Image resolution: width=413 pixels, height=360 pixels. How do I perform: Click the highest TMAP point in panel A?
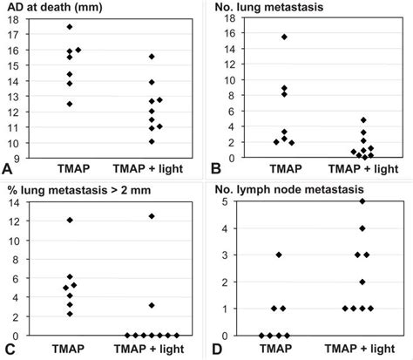[70, 27]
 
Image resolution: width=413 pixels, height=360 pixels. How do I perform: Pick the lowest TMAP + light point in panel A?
[152, 141]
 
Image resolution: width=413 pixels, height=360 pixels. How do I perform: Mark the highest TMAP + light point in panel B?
[364, 120]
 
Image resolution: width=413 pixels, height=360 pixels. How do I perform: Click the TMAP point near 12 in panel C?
[70, 220]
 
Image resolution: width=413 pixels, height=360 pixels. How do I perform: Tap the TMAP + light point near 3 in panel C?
[152, 305]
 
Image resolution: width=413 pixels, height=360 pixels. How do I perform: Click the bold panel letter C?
[8, 351]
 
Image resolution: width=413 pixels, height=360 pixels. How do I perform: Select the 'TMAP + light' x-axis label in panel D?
[362, 349]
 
